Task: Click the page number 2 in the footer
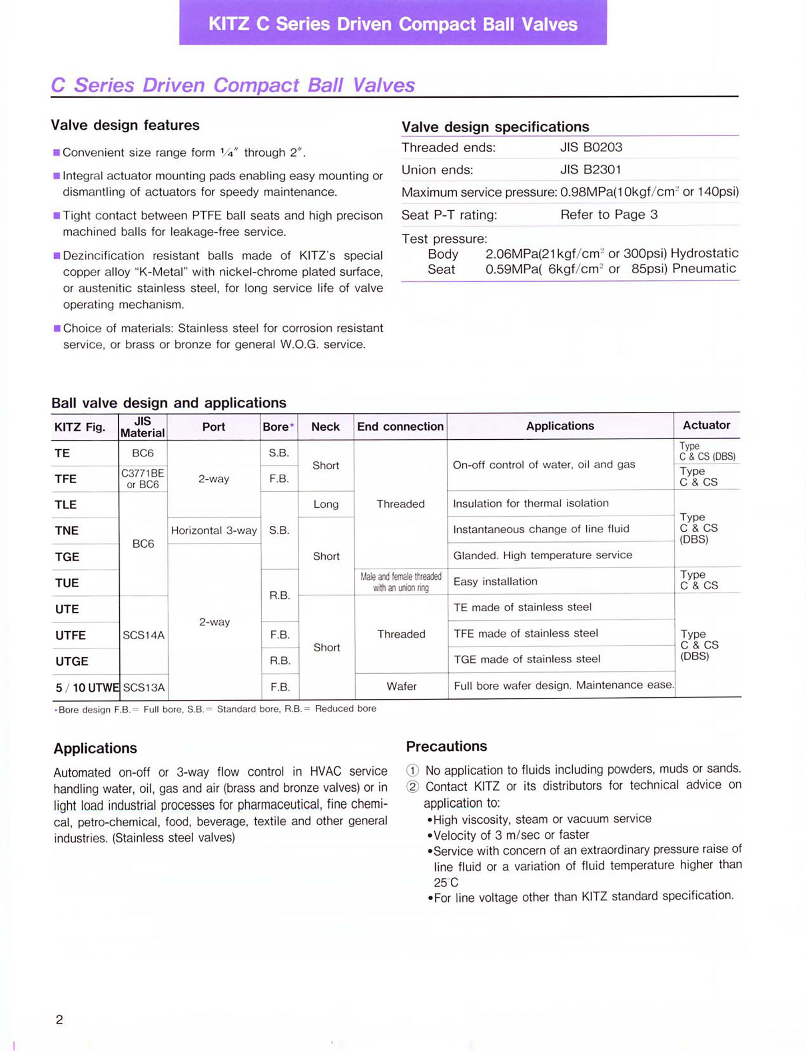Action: (59, 1019)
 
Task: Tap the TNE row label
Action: (67, 531)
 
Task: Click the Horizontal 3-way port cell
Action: (214, 531)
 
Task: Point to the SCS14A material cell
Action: (143, 635)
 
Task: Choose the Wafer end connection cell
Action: (401, 687)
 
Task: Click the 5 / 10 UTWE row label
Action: (87, 688)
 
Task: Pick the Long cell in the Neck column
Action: (326, 504)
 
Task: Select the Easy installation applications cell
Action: (495, 582)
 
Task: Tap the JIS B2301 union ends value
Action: (591, 170)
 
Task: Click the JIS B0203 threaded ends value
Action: (591, 147)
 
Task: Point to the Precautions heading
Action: (446, 746)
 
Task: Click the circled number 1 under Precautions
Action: (412, 770)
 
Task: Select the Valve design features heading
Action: (125, 125)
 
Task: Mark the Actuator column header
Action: (706, 425)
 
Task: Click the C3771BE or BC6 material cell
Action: (142, 478)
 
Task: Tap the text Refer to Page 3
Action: (608, 215)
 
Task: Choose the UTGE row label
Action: (71, 661)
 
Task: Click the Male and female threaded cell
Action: (401, 582)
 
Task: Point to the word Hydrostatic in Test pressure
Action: (704, 253)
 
